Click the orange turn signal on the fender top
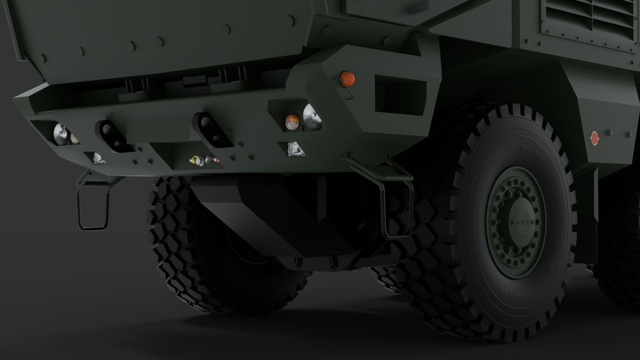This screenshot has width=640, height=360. point(347,78)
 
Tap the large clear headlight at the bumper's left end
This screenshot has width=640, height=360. point(61,134)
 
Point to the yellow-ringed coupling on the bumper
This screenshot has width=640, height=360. point(193,160)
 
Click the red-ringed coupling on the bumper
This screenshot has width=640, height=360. point(217,161)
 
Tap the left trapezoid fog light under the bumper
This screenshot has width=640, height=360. point(99,158)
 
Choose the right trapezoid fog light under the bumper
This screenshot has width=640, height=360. point(295,149)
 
